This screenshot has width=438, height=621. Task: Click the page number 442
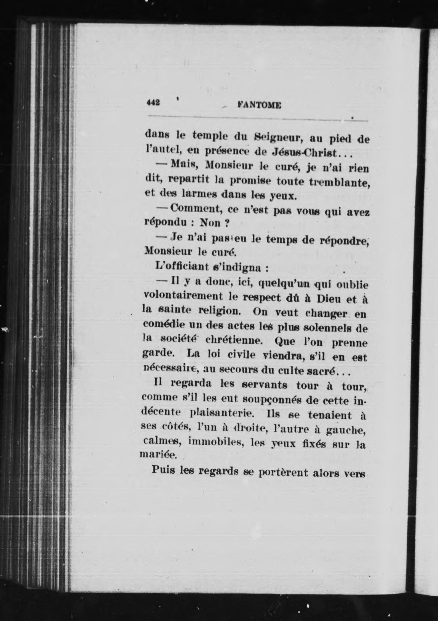point(154,103)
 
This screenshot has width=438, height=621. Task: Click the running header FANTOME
point(259,105)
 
